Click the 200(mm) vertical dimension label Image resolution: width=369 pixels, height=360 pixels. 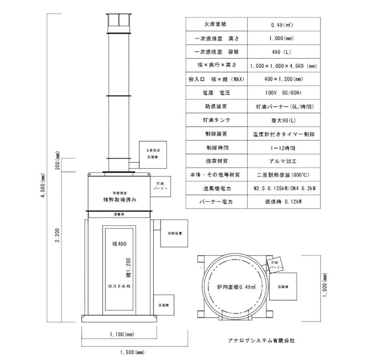58,161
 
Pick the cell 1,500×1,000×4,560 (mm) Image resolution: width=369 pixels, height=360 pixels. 284,66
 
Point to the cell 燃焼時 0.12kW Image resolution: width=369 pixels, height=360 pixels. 283,202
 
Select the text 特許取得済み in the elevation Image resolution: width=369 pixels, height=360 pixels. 120,200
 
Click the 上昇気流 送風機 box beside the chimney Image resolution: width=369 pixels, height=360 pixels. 153,155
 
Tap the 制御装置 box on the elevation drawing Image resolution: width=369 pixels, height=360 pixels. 174,233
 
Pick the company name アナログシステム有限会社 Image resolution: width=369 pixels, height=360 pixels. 261,341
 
